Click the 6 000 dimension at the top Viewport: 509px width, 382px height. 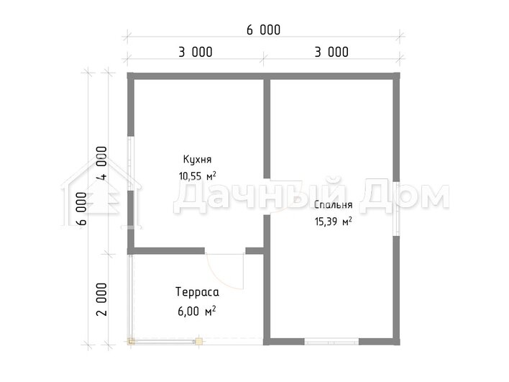(x=263, y=30)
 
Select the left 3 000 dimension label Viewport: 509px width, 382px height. (x=196, y=52)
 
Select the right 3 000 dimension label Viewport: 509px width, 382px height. (x=331, y=52)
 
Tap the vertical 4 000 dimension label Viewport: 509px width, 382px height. (x=101, y=163)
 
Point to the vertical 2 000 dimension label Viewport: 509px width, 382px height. (x=101, y=299)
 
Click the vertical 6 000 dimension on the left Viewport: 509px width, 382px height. (x=81, y=209)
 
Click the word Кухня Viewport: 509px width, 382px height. (x=198, y=159)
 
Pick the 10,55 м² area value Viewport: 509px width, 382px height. (x=198, y=176)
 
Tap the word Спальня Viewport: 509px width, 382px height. (x=333, y=204)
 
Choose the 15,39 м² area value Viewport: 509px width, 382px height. (x=334, y=222)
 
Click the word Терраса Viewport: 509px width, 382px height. (x=198, y=291)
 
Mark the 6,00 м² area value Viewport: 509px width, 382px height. (x=197, y=311)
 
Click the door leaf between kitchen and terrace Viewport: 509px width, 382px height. (x=243, y=271)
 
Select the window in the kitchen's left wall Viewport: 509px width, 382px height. (x=131, y=163)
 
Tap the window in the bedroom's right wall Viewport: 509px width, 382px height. (x=396, y=208)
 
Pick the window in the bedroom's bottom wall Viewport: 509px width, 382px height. (x=331, y=342)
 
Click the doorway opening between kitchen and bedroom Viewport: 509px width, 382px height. (x=267, y=196)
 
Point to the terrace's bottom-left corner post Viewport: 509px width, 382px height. (x=131, y=342)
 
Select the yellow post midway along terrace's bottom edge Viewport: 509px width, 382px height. (x=198, y=342)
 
